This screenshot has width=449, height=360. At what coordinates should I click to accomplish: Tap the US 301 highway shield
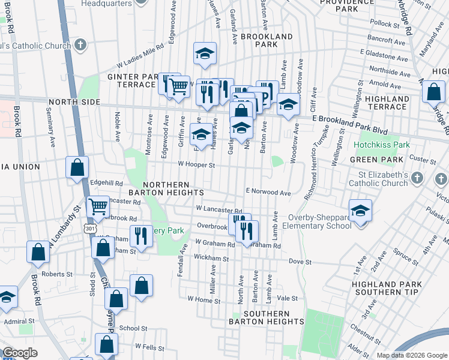pyautogui.click(x=90, y=229)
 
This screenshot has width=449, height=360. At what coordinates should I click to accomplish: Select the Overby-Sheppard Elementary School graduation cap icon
pyautogui.click(x=360, y=211)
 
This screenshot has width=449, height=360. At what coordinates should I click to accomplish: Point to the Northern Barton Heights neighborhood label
pyautogui.click(x=173, y=188)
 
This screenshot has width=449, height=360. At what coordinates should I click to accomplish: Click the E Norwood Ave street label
pyautogui.click(x=268, y=193)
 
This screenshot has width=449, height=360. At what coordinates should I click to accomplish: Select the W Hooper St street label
pyautogui.click(x=196, y=164)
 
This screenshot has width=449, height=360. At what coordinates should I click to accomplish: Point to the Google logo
pyautogui.click(x=20, y=353)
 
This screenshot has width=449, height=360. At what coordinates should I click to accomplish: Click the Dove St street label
pyautogui.click(x=300, y=262)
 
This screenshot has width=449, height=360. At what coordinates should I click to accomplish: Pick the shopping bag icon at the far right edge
pyautogui.click(x=433, y=93)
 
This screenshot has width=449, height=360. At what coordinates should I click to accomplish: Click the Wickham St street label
pyautogui.click(x=208, y=257)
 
